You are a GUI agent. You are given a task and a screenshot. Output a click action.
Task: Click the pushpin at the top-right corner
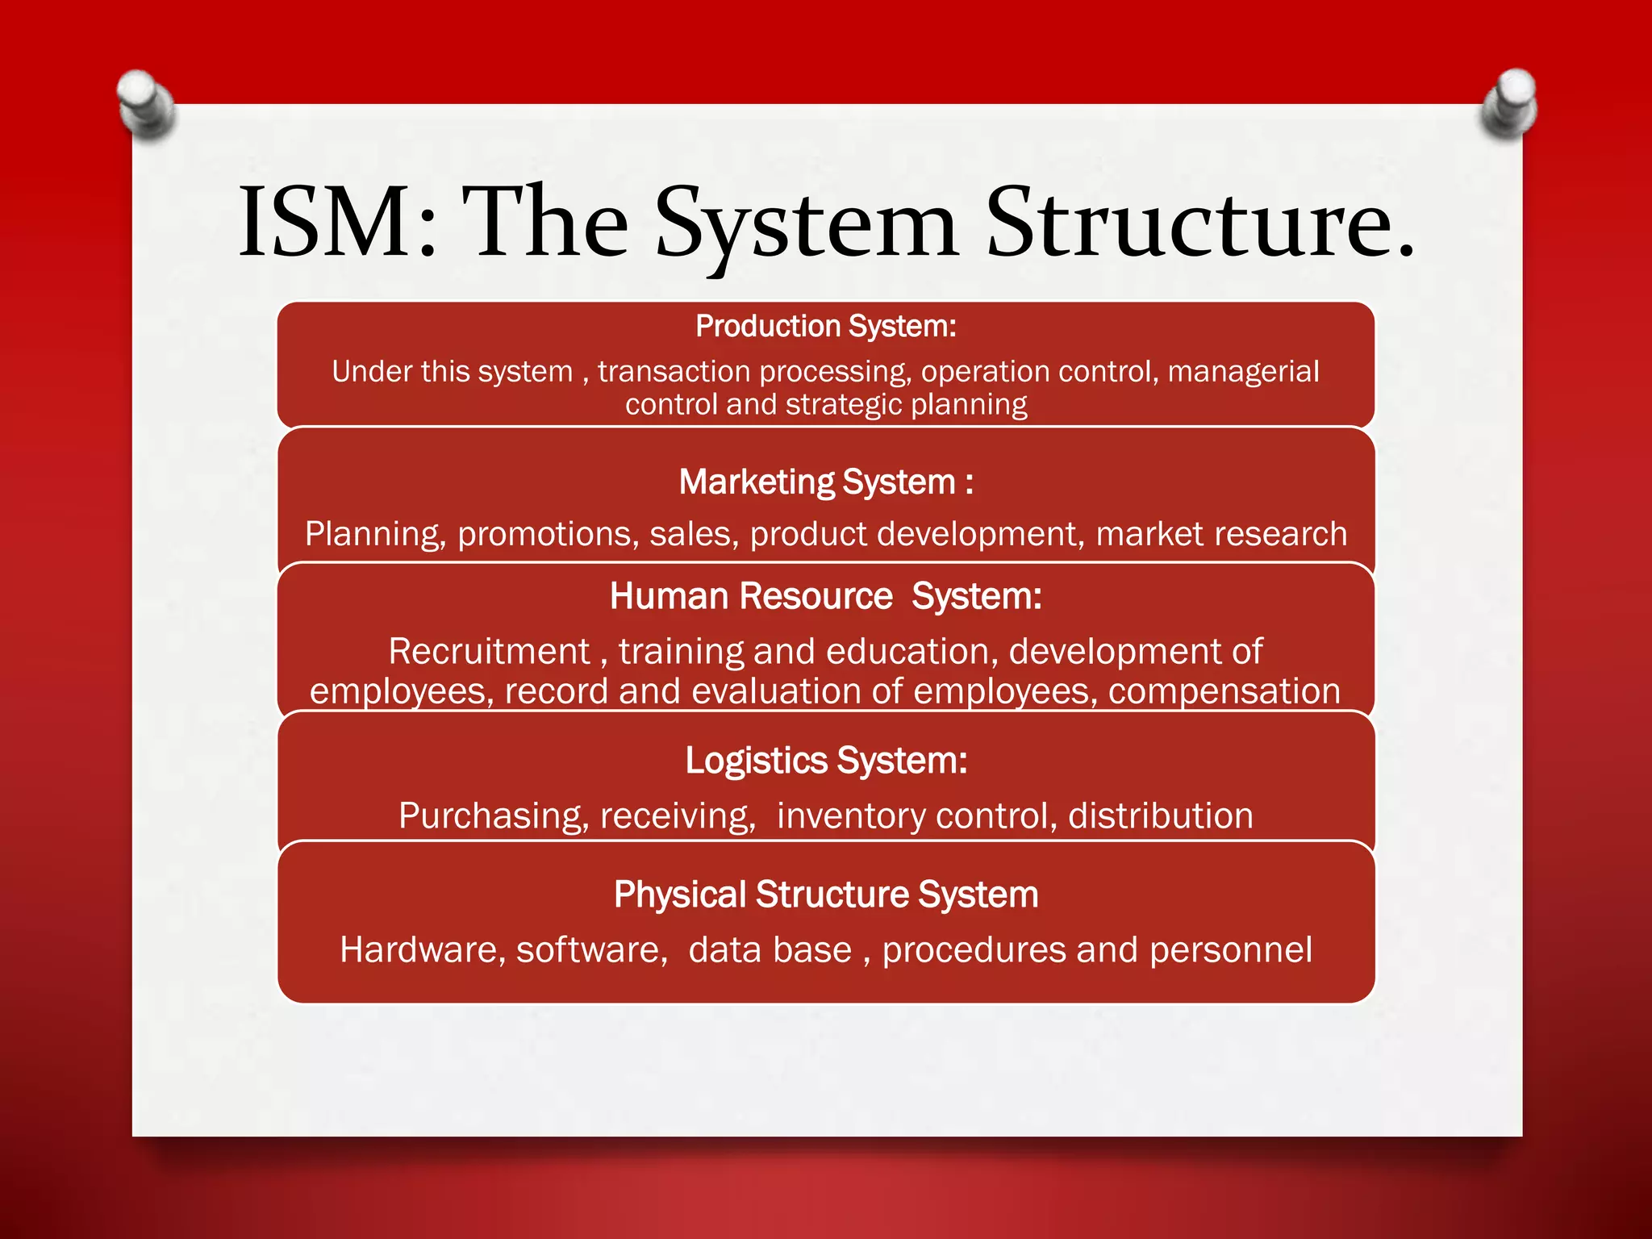click(1509, 103)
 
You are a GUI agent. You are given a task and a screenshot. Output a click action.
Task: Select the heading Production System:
click(826, 327)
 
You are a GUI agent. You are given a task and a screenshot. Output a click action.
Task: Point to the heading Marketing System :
click(826, 482)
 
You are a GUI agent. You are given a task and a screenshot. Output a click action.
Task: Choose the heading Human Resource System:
click(826, 597)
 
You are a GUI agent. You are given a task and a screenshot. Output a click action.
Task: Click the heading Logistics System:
click(826, 761)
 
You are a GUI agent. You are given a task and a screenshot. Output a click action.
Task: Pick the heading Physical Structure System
click(826, 895)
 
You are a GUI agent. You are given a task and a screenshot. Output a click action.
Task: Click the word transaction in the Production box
click(674, 372)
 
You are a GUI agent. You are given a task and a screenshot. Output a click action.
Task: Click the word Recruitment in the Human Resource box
click(490, 652)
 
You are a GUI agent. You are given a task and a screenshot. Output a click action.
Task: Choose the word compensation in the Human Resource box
click(1224, 692)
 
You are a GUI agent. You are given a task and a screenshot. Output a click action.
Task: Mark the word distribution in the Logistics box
click(1161, 816)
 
